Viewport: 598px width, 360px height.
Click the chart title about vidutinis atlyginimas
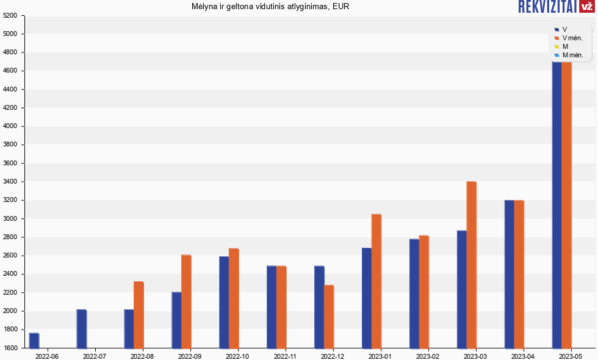click(270, 7)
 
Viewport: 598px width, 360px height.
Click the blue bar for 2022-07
click(81, 329)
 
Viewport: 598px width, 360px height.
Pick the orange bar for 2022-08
click(139, 315)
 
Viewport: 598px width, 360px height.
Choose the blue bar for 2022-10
click(224, 302)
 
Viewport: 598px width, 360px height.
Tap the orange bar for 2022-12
click(329, 317)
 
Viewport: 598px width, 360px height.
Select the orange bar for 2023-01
click(376, 281)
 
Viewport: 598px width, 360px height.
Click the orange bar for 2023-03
click(471, 265)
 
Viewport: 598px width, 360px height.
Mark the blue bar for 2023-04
click(509, 274)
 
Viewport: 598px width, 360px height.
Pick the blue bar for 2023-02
click(414, 293)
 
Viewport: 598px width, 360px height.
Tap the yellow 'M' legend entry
click(564, 46)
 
